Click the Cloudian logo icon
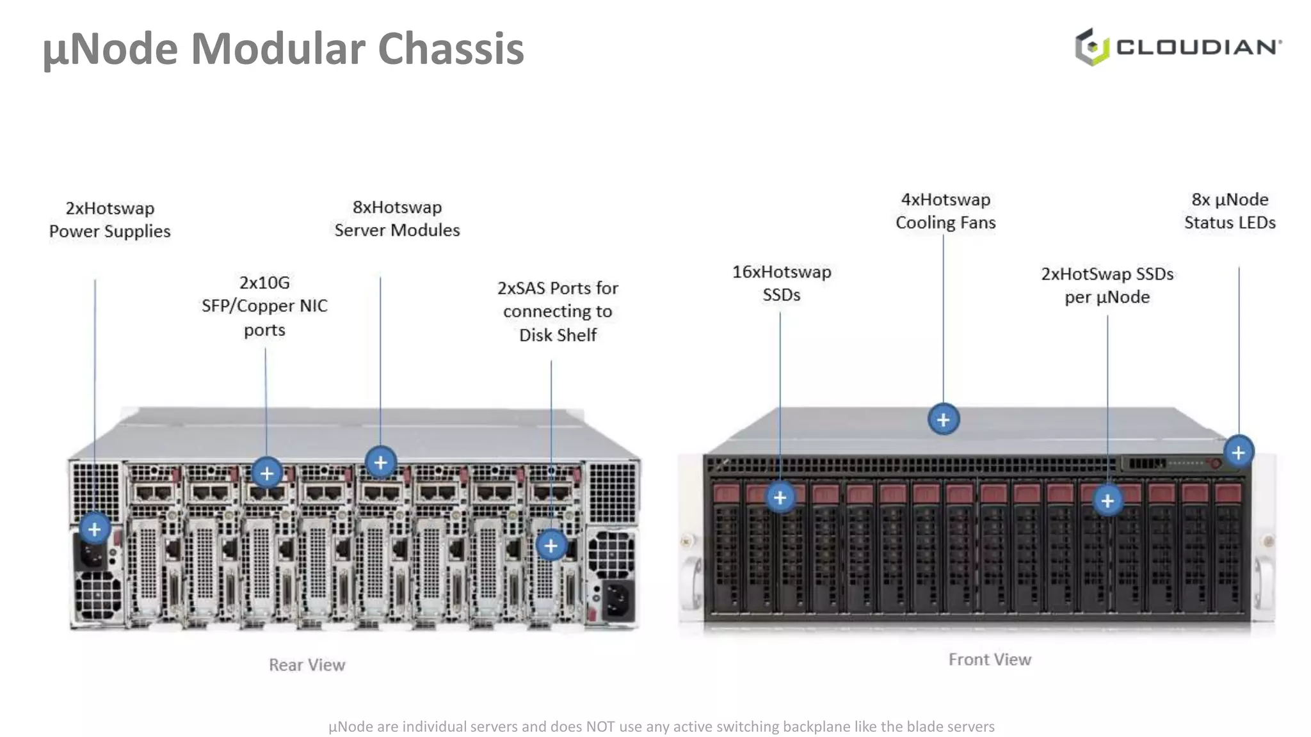pos(1091,47)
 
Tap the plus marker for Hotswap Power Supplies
pos(95,529)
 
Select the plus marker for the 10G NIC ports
pos(267,473)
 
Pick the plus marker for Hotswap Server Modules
pos(381,462)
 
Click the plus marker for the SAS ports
pos(551,546)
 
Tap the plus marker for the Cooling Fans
pos(943,420)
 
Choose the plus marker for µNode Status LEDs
pos(1239,452)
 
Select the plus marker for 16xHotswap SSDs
pos(780,497)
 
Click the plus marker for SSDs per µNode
pos(1107,500)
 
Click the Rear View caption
pos(307,665)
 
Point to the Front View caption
pos(990,659)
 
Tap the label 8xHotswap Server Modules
pos(397,219)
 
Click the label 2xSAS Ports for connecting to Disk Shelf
pos(558,312)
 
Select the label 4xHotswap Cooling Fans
pos(945,211)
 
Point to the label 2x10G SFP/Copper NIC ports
pos(264,306)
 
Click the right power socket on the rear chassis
pos(617,600)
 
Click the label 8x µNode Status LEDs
pos(1229,211)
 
